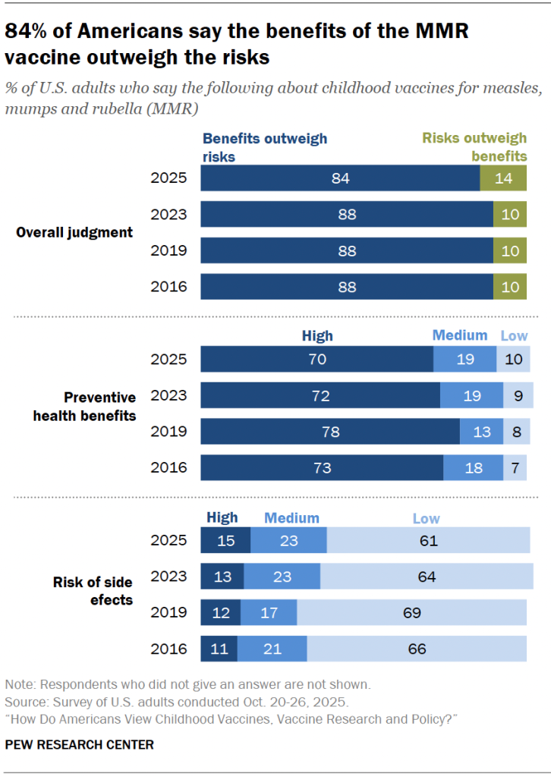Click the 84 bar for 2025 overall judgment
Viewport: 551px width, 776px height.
point(340,178)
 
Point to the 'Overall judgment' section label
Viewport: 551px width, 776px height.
point(74,232)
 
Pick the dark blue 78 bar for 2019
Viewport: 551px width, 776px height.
point(330,432)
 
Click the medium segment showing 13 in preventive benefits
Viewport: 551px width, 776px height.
point(482,432)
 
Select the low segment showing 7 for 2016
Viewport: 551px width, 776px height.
point(515,468)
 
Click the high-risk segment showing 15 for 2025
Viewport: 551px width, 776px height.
point(225,541)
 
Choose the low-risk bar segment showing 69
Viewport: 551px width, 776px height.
point(411,613)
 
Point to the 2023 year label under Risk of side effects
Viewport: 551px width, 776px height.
point(168,577)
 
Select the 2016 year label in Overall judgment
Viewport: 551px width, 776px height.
point(168,287)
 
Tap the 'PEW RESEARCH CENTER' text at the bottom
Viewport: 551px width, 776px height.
point(79,744)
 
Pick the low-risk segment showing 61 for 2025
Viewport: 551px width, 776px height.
point(428,541)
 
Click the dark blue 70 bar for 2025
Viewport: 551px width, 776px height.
point(316,359)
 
